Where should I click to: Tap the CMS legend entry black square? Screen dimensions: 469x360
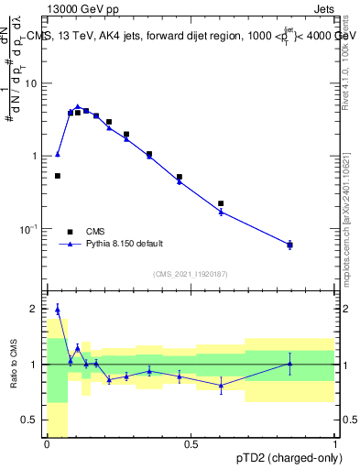point(70,231)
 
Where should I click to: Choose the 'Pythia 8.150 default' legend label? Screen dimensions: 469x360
point(125,244)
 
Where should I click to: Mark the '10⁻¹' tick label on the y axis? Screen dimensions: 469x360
point(34,228)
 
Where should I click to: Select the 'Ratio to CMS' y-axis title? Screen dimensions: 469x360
point(14,365)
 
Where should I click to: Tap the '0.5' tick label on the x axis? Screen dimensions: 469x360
point(191,445)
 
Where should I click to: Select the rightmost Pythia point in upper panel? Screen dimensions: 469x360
point(289,245)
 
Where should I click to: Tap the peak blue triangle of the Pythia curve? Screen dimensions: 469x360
point(78,107)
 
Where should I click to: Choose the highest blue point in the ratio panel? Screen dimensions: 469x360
point(58,310)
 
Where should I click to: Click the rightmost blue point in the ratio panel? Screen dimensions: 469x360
point(289,364)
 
